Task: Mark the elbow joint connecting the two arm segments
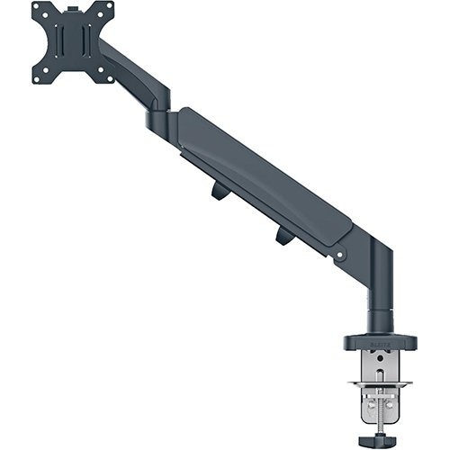click(x=157, y=120)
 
